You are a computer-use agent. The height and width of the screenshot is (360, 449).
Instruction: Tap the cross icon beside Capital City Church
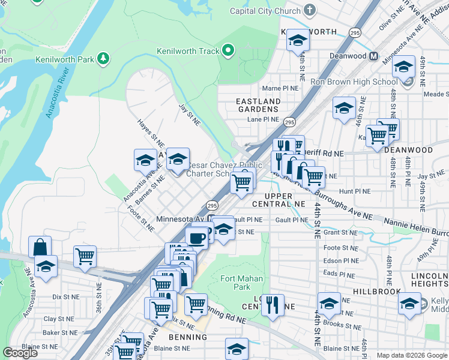(x=310, y=10)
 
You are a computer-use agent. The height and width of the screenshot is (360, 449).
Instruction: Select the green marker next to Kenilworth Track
(x=228, y=51)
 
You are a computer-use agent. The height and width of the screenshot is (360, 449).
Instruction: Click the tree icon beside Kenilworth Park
(x=104, y=59)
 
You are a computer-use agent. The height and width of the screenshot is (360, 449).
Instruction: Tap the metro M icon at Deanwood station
(x=374, y=56)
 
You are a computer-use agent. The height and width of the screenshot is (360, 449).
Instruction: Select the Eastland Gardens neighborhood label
(x=258, y=106)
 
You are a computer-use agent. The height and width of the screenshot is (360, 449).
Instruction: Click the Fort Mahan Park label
(x=235, y=283)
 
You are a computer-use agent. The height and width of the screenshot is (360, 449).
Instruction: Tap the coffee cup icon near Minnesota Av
(x=197, y=237)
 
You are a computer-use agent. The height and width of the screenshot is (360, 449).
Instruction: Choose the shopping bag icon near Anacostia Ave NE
(x=40, y=247)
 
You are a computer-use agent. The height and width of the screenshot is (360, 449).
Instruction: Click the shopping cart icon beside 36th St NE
(x=85, y=256)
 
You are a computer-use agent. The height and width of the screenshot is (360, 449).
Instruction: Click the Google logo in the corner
(x=20, y=353)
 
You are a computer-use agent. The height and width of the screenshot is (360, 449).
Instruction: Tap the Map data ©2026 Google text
(x=411, y=355)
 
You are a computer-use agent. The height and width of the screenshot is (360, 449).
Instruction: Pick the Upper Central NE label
(x=278, y=200)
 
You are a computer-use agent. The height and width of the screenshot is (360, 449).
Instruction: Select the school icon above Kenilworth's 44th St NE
(x=297, y=40)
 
